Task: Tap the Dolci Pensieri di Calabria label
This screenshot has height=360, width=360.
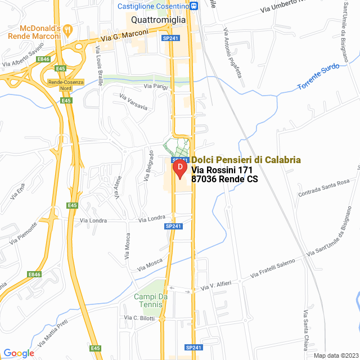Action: [x=246, y=160]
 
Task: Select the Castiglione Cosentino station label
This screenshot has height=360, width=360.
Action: [x=152, y=6]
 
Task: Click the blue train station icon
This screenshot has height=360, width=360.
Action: [x=194, y=6]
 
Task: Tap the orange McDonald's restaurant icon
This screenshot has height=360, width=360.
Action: [x=68, y=28]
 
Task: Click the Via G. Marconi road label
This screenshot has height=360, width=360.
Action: [x=125, y=35]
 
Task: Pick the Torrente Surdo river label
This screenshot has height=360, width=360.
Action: [x=318, y=78]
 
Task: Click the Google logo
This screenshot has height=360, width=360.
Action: [x=19, y=353]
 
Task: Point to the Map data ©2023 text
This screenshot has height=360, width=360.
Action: [x=335, y=355]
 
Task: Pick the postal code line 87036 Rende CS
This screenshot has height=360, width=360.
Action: [x=224, y=179]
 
